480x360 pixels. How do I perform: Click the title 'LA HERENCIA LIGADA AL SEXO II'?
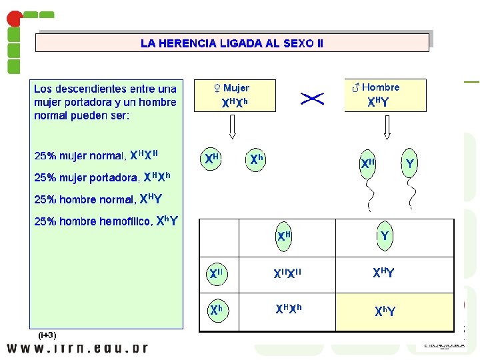click(232, 43)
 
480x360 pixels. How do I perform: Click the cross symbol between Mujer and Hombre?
click(313, 99)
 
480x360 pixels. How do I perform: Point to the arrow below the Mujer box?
click(231, 126)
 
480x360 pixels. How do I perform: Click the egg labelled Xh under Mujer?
click(256, 160)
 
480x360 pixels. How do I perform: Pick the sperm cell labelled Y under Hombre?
click(410, 163)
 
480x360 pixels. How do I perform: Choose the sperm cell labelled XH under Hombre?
click(368, 163)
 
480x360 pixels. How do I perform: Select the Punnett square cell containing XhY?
click(384, 311)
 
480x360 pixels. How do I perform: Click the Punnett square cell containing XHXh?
click(288, 310)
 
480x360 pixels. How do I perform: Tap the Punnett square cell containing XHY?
click(384, 273)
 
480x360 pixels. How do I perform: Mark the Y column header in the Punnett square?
click(384, 236)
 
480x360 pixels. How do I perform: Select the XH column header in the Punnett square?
click(284, 236)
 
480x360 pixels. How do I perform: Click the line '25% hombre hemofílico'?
click(106, 221)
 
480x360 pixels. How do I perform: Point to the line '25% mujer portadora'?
click(103, 177)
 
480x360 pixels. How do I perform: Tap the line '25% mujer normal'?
click(96, 156)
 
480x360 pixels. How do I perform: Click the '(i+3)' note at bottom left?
click(47, 335)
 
